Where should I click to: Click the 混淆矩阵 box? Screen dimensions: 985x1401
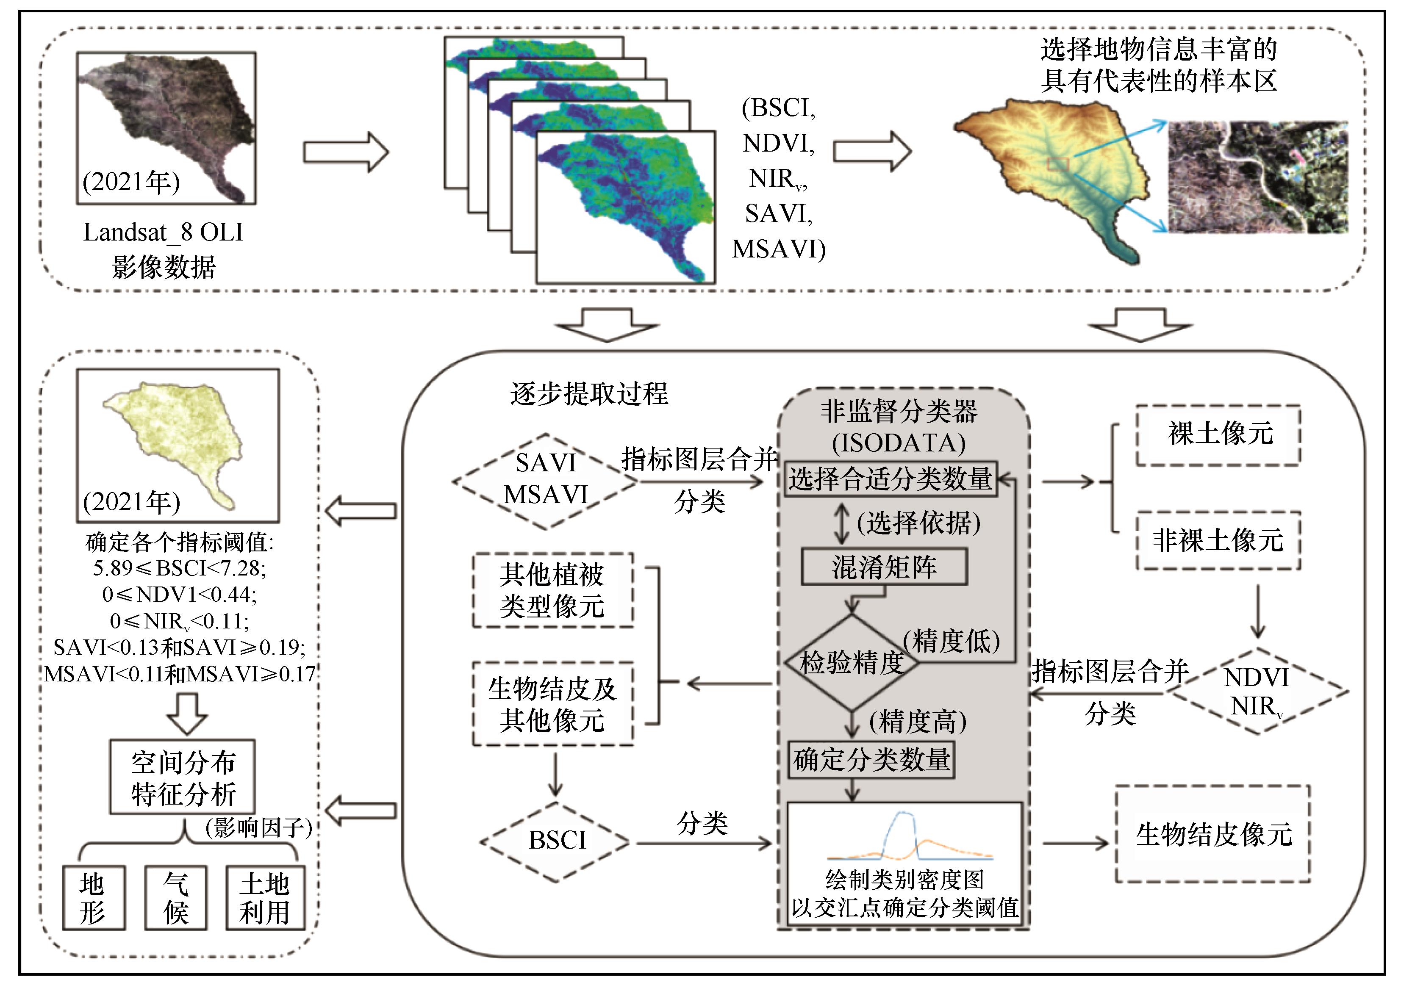click(884, 567)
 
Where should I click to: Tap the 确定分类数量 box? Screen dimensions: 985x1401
click(871, 759)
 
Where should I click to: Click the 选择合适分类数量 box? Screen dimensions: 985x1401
click(890, 479)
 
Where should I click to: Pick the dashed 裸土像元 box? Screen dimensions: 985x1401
click(1218, 434)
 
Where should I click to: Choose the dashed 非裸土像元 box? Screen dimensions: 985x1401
click(1218, 540)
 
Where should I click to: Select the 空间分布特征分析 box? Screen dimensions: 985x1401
click(183, 777)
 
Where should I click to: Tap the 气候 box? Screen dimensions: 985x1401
click(176, 898)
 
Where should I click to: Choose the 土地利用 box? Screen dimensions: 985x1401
click(265, 898)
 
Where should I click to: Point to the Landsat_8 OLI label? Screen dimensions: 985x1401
click(163, 233)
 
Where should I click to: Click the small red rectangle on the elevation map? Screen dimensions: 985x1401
click(1059, 163)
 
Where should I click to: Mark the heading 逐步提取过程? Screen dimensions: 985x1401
click(589, 393)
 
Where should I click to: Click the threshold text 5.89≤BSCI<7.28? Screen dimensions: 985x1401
click(179, 568)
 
